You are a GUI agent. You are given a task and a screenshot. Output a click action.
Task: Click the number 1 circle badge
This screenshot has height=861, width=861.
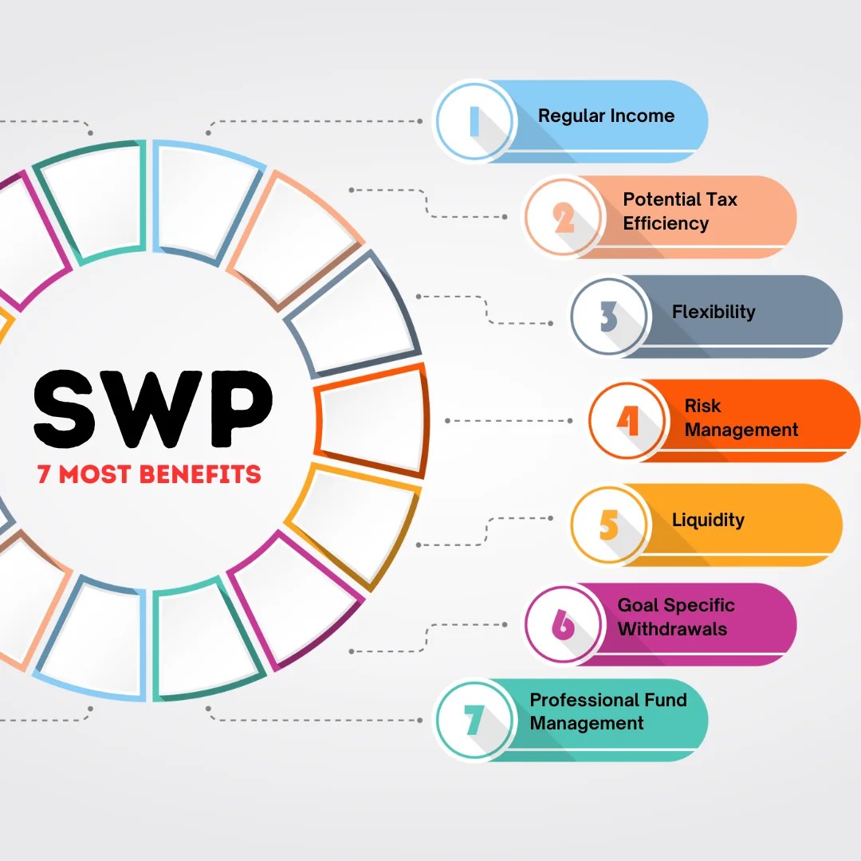pos(474,121)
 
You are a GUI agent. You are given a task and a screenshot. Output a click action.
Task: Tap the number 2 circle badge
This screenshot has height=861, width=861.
pos(564,217)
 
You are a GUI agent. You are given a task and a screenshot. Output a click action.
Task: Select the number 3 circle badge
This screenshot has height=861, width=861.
pos(610,316)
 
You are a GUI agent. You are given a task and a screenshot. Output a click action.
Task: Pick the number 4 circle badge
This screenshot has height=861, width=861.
pos(628,420)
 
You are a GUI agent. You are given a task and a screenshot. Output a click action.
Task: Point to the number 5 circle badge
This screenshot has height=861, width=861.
pos(610,525)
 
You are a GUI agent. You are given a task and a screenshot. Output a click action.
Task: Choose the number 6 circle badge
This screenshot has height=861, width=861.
pos(564,624)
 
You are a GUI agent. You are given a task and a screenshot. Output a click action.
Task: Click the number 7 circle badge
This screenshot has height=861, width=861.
pos(474,720)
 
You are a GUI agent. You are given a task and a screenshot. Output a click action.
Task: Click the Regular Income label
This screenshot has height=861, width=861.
pos(606,116)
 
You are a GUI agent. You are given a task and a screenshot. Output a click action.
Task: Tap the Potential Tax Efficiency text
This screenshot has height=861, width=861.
pos(680,211)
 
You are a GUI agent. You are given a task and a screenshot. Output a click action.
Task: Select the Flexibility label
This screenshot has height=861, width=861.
pos(714,312)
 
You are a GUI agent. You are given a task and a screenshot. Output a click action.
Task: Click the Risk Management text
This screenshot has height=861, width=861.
pos(741,418)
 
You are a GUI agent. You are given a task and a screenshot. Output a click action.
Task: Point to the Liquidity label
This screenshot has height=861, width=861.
pos(708,521)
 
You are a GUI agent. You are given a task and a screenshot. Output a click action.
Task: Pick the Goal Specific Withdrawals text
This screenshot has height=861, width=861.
pos(675,617)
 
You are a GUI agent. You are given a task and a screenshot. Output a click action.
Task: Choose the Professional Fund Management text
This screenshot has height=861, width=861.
pos(607,712)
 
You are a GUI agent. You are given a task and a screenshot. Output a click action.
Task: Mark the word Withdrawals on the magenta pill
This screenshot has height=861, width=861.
pos(672,629)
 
